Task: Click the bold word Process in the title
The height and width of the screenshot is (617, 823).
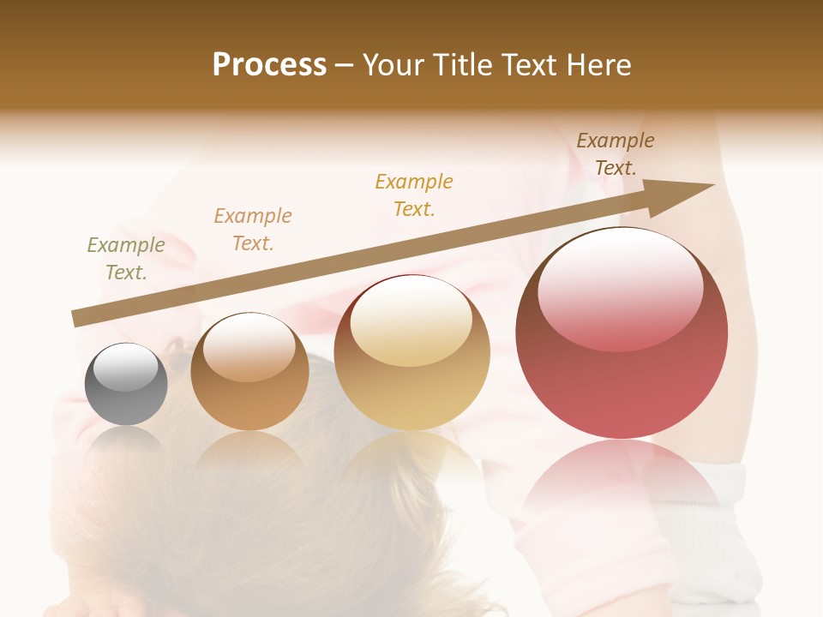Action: (269, 64)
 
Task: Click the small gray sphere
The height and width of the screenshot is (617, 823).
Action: (126, 385)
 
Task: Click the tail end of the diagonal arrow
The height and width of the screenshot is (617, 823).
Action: (79, 318)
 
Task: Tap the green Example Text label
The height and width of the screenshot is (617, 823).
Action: (126, 258)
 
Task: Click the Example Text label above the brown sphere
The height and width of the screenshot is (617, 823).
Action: (253, 230)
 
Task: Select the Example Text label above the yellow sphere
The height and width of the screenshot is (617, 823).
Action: (414, 195)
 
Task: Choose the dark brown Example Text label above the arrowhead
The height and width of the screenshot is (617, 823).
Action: (616, 154)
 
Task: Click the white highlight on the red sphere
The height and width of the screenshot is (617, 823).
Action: (620, 287)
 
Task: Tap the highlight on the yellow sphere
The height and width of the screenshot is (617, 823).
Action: (411, 319)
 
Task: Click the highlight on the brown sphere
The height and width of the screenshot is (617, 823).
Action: (249, 347)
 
